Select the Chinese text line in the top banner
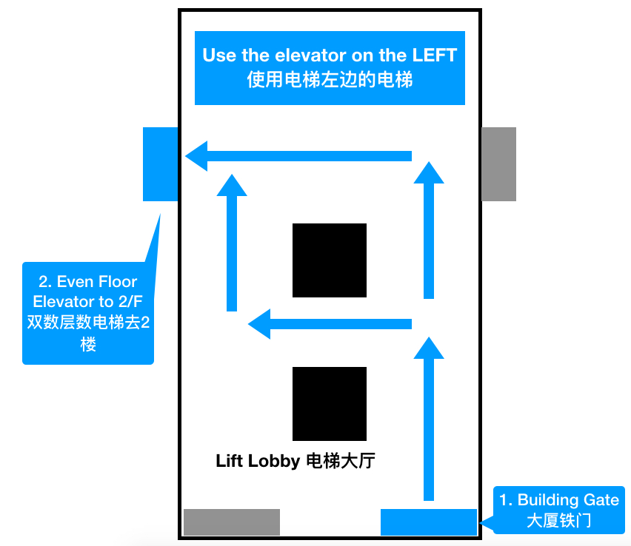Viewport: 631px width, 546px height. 330,80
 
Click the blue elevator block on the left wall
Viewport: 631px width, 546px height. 160,164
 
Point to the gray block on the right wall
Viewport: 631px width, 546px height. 498,164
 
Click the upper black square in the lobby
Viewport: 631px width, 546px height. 330,260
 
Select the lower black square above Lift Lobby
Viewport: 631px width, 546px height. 330,403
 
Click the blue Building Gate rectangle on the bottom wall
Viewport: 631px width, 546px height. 428,522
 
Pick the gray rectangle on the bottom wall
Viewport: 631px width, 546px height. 231,522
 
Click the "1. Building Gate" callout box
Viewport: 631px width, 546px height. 559,510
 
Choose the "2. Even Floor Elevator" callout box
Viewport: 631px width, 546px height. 88,313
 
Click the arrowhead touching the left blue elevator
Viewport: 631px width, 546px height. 196,156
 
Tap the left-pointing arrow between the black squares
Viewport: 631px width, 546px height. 330,323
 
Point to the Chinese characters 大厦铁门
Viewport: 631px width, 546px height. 559,520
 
